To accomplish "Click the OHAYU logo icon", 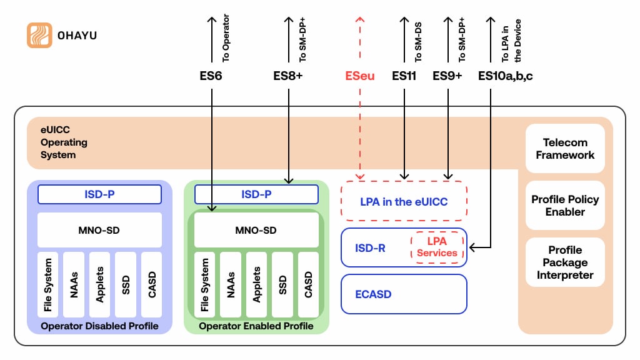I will [39, 35].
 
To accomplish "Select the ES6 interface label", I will [207, 76].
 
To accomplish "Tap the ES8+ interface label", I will [288, 76].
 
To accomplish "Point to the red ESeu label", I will [360, 76].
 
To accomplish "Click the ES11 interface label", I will [404, 76].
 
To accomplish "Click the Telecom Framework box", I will [565, 149].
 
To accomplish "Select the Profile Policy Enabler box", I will [565, 206].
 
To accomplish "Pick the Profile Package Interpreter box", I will [565, 262].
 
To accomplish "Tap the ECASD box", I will [404, 294].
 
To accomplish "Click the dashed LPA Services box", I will [437, 247].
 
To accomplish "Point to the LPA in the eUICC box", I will [404, 202].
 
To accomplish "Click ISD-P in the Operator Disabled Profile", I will [99, 194].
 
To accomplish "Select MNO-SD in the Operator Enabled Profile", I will [256, 230].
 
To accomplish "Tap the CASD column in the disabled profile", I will [151, 284].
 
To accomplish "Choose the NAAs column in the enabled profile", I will [231, 284].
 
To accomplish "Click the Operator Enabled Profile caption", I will [256, 326].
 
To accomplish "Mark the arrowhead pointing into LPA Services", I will [472, 248].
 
